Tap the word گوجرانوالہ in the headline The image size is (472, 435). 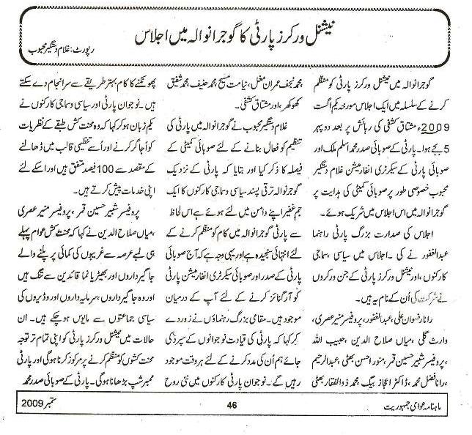tap(210, 34)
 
